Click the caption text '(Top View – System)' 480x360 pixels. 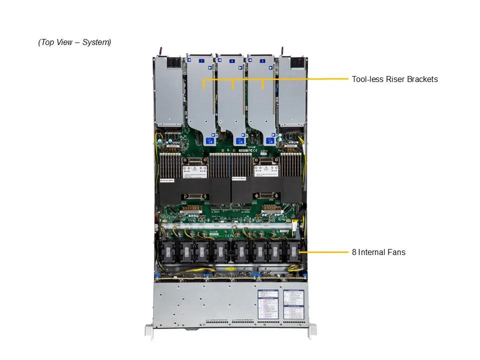point(74,42)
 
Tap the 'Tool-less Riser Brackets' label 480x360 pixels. point(394,79)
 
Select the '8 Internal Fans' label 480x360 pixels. point(378,252)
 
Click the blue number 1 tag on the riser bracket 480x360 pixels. point(201,60)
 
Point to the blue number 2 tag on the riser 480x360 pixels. point(231,60)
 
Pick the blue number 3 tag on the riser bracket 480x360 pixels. point(262,60)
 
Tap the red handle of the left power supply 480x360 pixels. point(161,51)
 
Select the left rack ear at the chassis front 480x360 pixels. point(148,331)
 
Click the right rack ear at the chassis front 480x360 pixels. point(312,330)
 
